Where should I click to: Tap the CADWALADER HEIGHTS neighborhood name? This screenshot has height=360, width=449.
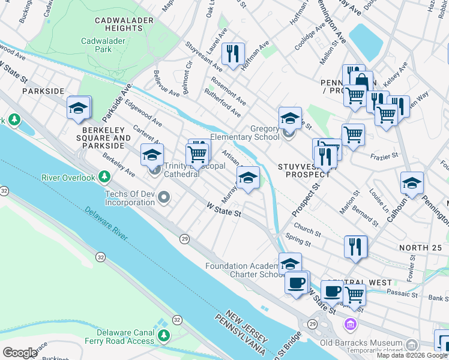click(x=126, y=25)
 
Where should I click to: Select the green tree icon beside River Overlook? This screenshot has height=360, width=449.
click(x=105, y=177)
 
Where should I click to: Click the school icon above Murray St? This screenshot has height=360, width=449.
click(x=248, y=178)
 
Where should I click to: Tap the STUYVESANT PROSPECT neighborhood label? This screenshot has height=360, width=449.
click(x=304, y=170)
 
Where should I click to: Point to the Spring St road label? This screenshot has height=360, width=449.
click(x=298, y=242)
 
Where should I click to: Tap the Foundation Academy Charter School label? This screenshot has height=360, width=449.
click(x=244, y=270)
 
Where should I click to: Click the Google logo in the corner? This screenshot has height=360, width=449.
click(x=19, y=352)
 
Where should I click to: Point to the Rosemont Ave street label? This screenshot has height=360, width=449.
click(x=228, y=91)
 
